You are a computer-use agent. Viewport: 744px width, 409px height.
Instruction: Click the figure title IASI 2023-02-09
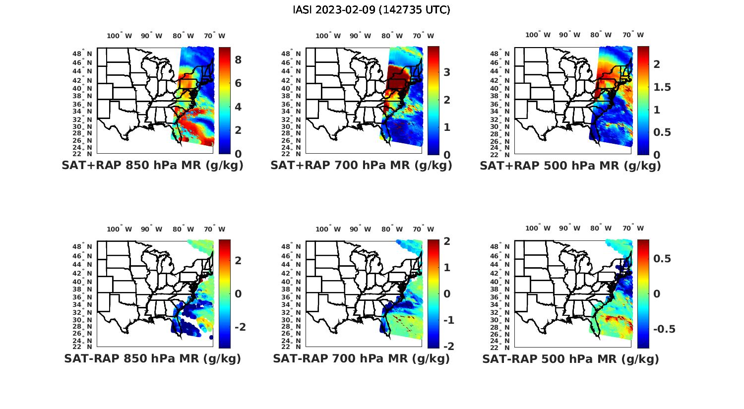[x=372, y=10]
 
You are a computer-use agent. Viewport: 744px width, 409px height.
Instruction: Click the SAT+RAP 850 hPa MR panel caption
[x=152, y=166]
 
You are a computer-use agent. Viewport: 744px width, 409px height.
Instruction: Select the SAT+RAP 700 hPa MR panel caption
[x=361, y=166]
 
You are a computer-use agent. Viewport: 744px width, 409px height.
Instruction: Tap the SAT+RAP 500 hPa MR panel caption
[x=570, y=166]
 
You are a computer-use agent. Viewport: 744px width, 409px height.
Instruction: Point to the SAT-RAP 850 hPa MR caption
[x=152, y=358]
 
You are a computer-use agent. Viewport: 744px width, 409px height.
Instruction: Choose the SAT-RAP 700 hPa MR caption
[x=361, y=358]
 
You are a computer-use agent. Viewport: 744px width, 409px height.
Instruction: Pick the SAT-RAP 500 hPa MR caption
[x=570, y=358]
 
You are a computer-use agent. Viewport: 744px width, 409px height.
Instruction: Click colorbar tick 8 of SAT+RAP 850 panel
[x=238, y=60]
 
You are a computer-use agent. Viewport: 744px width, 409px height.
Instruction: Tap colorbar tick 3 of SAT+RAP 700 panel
[x=447, y=72]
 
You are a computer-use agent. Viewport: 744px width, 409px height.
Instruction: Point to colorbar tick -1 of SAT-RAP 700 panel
[x=448, y=320]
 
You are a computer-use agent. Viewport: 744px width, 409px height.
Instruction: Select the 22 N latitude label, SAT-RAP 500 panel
[x=500, y=347]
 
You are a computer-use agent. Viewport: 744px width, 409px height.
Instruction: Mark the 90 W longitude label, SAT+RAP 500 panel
[x=569, y=35]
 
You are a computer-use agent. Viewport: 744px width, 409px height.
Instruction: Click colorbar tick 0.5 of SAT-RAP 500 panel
[x=662, y=259]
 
